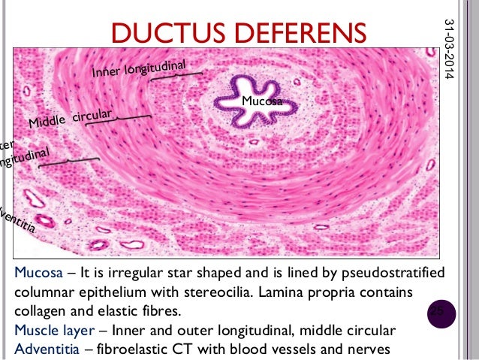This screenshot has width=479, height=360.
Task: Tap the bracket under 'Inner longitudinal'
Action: tap(176, 75)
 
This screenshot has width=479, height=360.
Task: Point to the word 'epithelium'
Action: tap(177, 291)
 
